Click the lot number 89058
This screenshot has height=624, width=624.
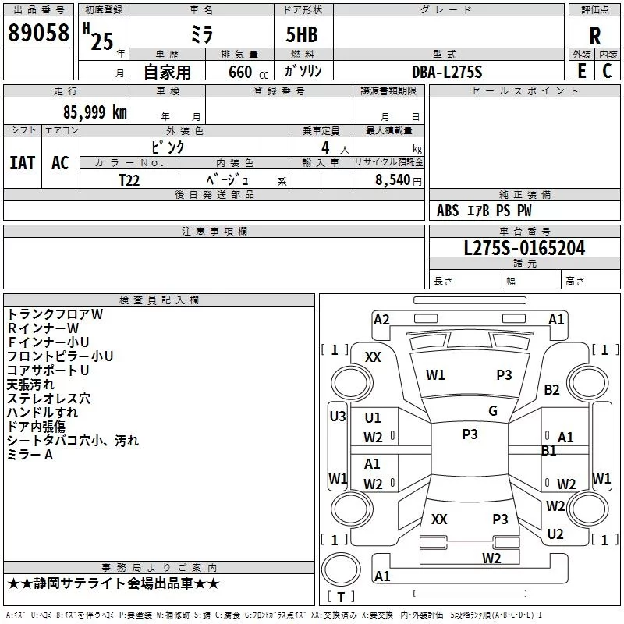coord(38,33)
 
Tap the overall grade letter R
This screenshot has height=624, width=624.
coord(594,35)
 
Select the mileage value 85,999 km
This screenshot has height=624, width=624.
coord(94,112)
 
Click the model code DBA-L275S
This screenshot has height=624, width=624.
coord(447,72)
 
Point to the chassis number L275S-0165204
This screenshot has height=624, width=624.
coord(524,248)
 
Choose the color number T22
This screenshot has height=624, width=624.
coord(129,180)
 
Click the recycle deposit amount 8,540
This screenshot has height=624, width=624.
coord(392,179)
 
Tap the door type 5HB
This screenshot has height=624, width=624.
coord(302,34)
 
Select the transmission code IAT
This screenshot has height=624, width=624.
coord(23,163)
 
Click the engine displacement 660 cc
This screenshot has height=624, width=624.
coord(248,72)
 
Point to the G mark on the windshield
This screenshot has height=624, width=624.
coord(493,410)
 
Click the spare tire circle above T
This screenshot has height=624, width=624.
coord(341,569)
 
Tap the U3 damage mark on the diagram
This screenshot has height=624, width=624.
coord(338,417)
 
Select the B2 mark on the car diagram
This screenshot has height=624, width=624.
coord(551,389)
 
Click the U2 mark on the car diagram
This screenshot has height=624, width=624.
coord(555,534)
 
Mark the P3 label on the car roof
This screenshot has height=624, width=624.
coord(470,434)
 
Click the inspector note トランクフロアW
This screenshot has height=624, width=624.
coord(55,314)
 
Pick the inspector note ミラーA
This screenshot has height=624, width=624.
coord(30,455)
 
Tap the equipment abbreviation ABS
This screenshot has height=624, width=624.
coord(448,211)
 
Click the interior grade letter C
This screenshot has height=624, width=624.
coord(607,71)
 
